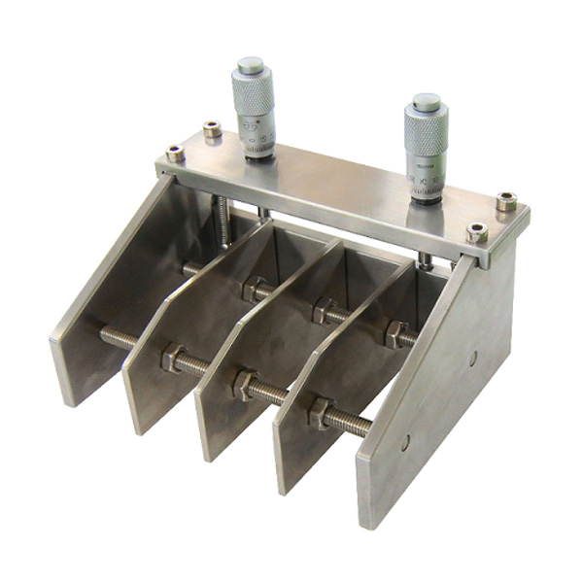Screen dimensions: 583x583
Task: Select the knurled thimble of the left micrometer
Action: coord(251,95)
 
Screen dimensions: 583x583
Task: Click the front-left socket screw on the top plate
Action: coord(175,153)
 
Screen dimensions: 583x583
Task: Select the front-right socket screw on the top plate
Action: coord(475,232)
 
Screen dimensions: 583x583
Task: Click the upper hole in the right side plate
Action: coord(472,359)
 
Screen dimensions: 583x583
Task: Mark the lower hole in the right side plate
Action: coord(405,442)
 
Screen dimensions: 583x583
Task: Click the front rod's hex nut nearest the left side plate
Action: coord(172,359)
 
